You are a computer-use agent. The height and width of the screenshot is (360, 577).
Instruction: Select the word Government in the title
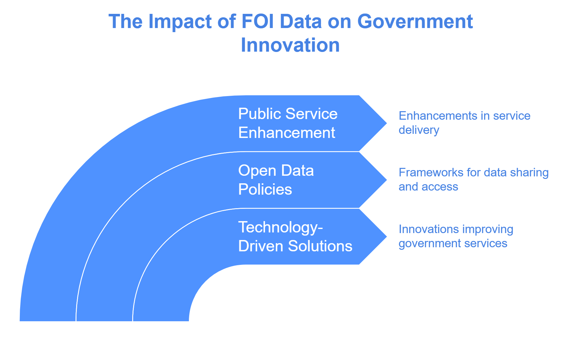click(x=415, y=21)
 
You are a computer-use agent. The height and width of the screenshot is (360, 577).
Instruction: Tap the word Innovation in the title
click(x=290, y=45)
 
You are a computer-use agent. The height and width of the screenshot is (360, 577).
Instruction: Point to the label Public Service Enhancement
click(x=288, y=123)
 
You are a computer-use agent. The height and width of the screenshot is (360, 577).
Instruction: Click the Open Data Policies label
click(x=276, y=180)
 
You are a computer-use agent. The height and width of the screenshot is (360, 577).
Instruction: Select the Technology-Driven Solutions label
click(x=295, y=237)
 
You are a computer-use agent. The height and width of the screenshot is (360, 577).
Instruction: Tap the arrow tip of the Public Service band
click(x=387, y=123)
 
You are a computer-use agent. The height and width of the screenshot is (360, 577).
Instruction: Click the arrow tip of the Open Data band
click(x=387, y=180)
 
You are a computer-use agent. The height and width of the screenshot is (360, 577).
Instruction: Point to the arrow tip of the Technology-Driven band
click(x=387, y=237)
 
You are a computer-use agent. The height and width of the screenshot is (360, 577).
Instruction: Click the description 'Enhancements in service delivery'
click(x=464, y=123)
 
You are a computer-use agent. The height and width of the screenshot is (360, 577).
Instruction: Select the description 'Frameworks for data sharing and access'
click(x=473, y=180)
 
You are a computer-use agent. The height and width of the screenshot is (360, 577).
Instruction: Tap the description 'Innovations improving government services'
click(x=456, y=236)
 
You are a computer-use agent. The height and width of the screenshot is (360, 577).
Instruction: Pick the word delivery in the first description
click(x=419, y=130)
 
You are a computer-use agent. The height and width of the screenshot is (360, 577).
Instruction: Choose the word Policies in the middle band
click(x=265, y=189)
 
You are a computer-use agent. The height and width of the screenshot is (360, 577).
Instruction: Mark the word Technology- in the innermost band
click(x=280, y=227)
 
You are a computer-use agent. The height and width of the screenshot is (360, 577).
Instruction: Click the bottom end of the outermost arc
click(x=48, y=321)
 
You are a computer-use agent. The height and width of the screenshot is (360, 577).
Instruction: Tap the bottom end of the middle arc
click(x=105, y=321)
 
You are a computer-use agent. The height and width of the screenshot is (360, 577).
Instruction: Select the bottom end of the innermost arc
click(x=161, y=321)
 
